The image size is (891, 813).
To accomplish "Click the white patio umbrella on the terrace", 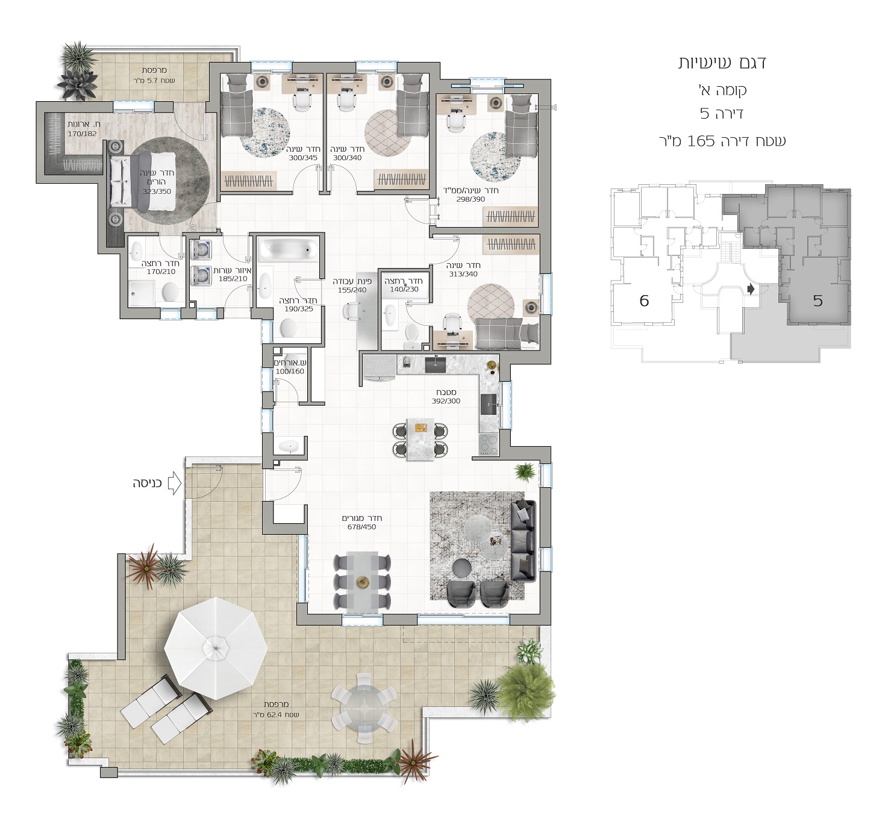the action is pyautogui.click(x=216, y=648).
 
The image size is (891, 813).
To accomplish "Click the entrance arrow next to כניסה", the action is pyautogui.click(x=175, y=484).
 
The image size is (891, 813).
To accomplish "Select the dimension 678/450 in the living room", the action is pyautogui.click(x=362, y=527).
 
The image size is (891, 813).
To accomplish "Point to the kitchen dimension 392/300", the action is pyautogui.click(x=446, y=401).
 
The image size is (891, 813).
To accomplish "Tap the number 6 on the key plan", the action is pyautogui.click(x=644, y=301).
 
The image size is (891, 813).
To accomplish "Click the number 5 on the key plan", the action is pyautogui.click(x=818, y=301).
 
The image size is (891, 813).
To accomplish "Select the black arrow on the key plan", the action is pyautogui.click(x=751, y=290).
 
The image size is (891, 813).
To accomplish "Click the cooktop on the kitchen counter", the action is pyautogui.click(x=489, y=444).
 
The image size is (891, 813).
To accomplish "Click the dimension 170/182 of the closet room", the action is pyautogui.click(x=82, y=134).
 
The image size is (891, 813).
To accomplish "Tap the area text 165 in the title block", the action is pyautogui.click(x=702, y=141).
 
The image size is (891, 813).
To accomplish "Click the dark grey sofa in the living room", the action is pyautogui.click(x=525, y=540).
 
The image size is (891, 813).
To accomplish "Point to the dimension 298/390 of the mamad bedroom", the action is pyautogui.click(x=471, y=199).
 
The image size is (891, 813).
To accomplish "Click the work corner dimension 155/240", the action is pyautogui.click(x=352, y=290).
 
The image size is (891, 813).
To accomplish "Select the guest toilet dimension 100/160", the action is pyautogui.click(x=290, y=371).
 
